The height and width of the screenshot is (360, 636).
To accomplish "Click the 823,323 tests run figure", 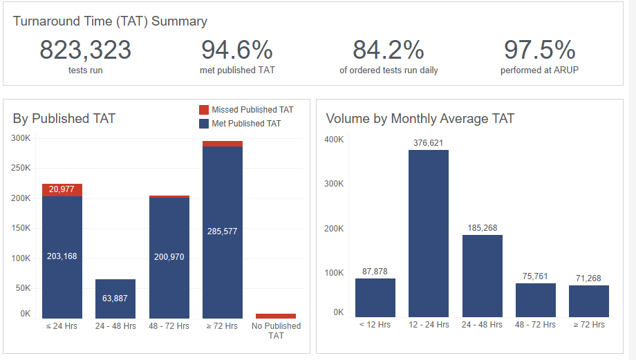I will coord(85,50).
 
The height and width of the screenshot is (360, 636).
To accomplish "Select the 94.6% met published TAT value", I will coord(236,50).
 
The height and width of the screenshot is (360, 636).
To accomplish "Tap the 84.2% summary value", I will coord(388,50).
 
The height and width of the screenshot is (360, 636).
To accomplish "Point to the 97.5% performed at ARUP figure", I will coord(539,50).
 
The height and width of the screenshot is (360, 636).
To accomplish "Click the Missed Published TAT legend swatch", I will coord(204,110).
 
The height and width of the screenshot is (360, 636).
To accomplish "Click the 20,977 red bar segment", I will coord(62,190).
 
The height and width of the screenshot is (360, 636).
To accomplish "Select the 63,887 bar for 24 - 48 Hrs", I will coord(115,299).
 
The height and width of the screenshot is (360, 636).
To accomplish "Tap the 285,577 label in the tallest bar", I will coord(223,231).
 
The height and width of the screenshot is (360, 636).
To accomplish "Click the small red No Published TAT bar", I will coord(276,316).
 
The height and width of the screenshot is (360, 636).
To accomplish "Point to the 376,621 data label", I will coord(429,143).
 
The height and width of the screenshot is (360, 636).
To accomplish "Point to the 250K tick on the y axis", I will coord(21,168).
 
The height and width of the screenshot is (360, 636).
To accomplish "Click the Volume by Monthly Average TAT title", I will coord(420,119).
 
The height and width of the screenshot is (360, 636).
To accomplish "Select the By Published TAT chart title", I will coord(64,119).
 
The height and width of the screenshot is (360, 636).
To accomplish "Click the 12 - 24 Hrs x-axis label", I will coord(429,325).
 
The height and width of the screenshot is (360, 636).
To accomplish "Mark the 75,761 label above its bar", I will coord(536,276).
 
